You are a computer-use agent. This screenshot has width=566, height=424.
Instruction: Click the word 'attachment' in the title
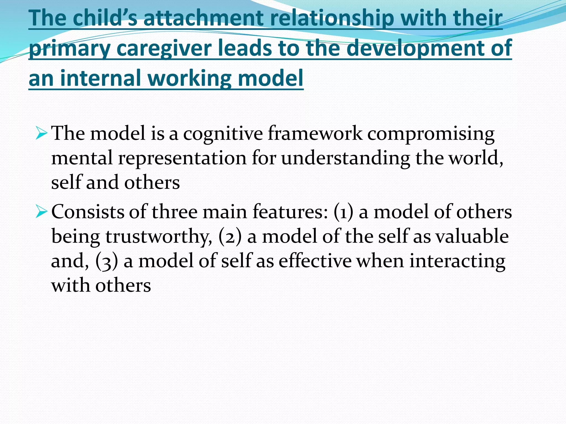pos(204,18)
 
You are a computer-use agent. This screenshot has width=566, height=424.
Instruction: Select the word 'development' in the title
pos(417,49)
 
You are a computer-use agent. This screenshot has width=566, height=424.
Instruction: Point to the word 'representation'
pos(182,158)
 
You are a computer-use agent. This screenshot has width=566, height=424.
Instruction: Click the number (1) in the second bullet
pos(343,212)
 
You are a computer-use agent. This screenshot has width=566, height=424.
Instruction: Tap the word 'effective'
pos(315,261)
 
